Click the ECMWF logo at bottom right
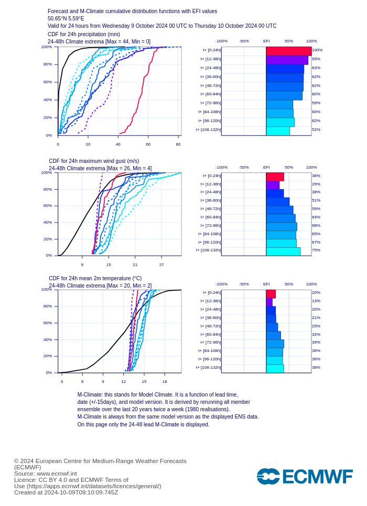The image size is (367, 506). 304,477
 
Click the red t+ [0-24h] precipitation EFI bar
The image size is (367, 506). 288,51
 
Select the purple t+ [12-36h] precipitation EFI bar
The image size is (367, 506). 287,60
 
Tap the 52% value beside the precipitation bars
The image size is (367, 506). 316,129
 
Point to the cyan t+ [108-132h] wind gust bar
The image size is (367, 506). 283,251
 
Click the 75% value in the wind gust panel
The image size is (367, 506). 316,250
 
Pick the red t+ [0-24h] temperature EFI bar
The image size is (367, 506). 271,294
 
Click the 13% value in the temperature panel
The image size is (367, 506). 316,301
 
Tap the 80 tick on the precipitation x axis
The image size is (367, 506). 178,145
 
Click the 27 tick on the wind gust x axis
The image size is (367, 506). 161,265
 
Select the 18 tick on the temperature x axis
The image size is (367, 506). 165,381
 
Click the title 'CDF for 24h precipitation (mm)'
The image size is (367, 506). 84,35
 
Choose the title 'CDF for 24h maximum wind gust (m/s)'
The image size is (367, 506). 94,161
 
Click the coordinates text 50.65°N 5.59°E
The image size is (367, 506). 66,18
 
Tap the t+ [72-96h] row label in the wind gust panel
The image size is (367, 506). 210,225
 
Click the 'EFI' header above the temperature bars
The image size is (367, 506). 266,284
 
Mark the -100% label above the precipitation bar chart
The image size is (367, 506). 221,41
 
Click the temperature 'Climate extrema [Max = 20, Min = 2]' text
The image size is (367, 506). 100,285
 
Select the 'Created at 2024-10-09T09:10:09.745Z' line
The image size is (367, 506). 66,492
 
